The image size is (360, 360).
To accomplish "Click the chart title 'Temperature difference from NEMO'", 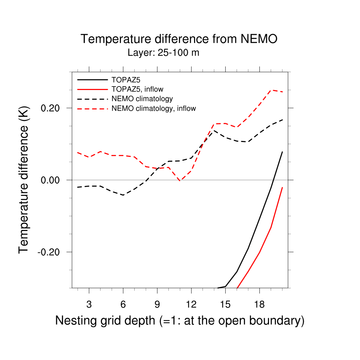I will (179, 39).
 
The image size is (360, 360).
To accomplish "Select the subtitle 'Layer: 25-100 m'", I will (163, 53).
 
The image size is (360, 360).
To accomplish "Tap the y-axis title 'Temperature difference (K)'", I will (24, 180).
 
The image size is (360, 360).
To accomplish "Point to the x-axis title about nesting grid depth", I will (180, 321).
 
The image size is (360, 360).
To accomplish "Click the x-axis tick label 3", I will (89, 305).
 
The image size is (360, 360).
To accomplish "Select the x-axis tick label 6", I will (123, 305).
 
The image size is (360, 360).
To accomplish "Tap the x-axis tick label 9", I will (157, 305).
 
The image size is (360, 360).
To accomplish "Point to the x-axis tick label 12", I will (191, 305).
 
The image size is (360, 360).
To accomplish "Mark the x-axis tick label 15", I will (225, 305).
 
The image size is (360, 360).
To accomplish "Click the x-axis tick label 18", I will (259, 305).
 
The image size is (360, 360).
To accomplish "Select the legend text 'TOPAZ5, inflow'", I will (137, 89).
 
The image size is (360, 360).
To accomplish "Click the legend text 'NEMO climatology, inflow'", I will (154, 109).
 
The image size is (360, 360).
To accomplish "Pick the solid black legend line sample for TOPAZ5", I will (92, 80).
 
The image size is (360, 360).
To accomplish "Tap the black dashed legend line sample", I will (92, 99).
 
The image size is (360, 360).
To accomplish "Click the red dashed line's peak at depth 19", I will (271, 90).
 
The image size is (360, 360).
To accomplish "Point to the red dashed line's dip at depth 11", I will (180, 181).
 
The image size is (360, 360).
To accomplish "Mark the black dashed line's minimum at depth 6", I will (123, 195).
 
